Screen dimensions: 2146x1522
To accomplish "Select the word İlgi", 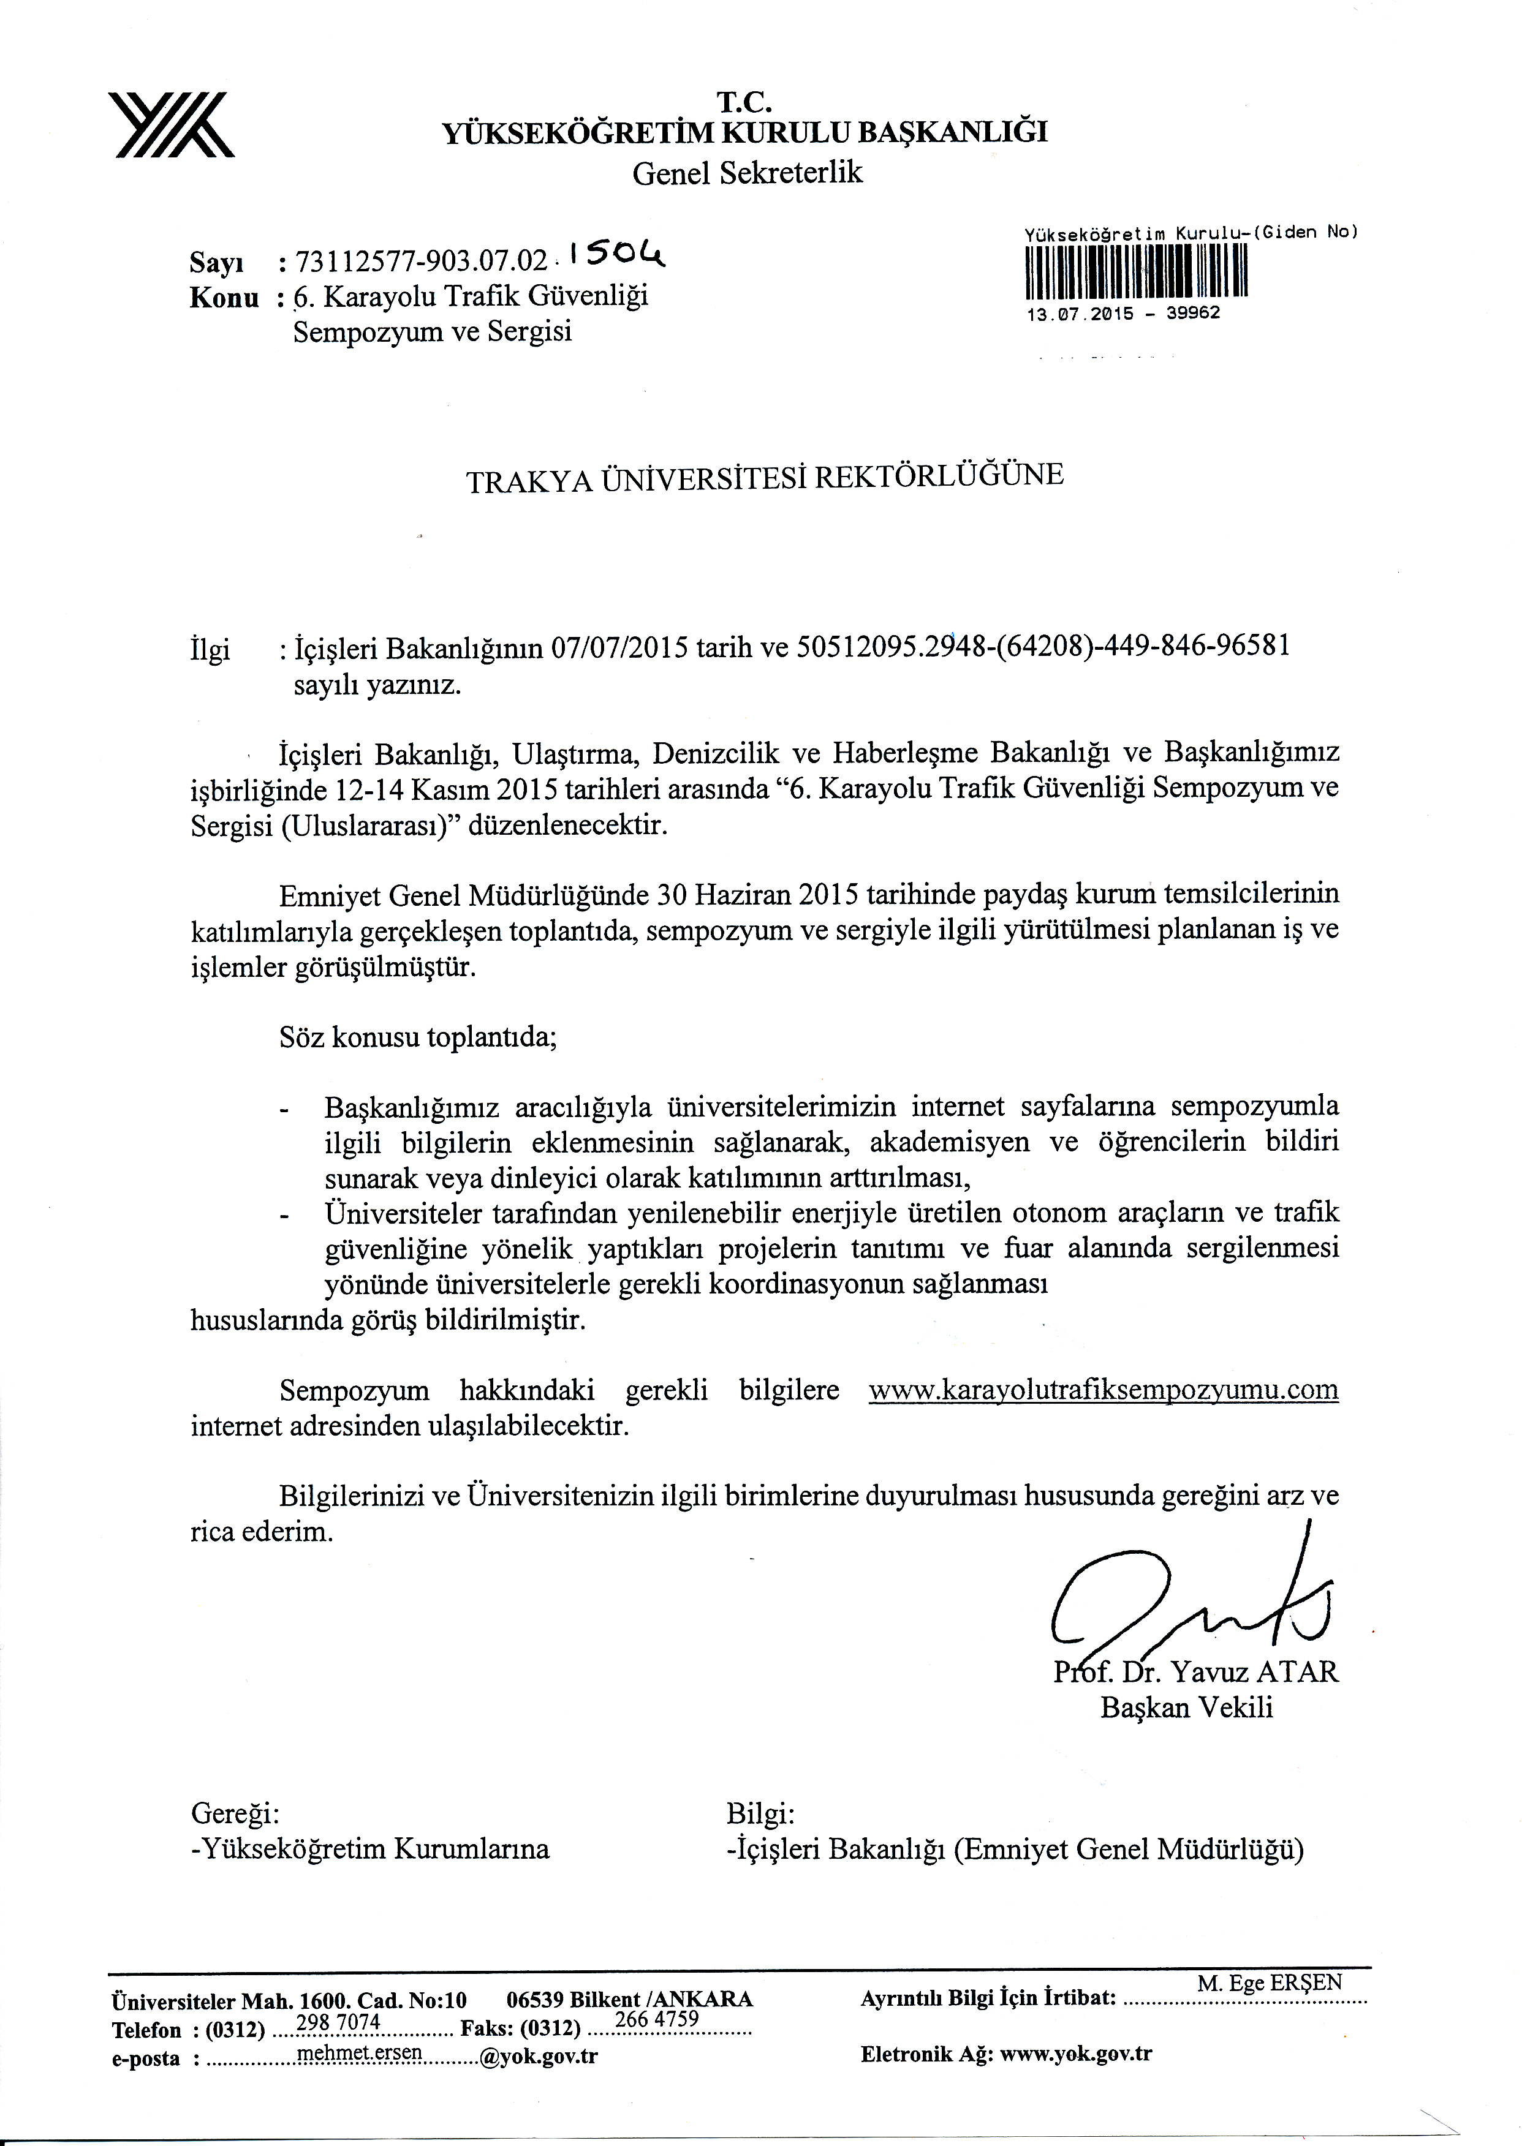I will [210, 650].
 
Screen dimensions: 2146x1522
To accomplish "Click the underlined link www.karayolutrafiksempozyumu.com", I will [1103, 1389].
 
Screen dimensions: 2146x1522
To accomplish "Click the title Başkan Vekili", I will [1186, 1707].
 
